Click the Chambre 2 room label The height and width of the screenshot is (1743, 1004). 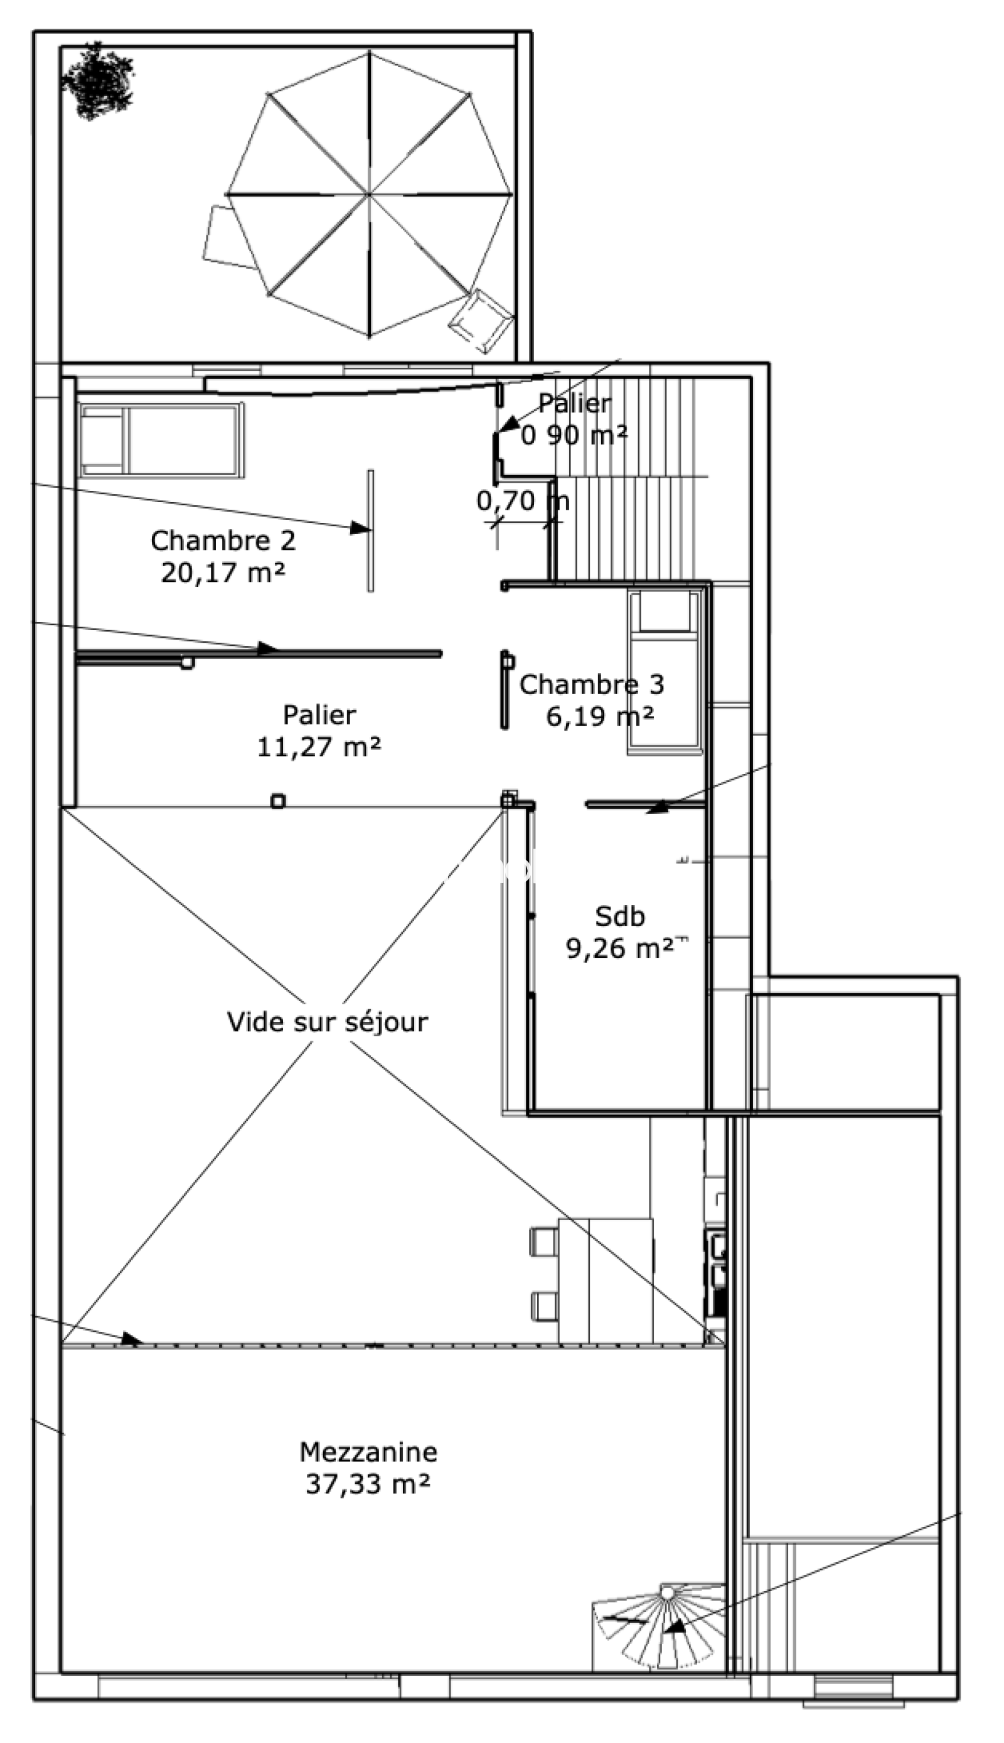coord(223,541)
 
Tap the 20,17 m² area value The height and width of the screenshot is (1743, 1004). coord(223,572)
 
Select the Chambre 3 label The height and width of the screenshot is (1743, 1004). coord(592,684)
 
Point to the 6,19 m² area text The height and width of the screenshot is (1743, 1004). coord(600,716)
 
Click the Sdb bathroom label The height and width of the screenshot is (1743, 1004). coord(620,916)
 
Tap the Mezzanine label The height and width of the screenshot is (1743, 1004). coord(368,1452)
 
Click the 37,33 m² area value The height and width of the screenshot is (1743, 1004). coord(368,1484)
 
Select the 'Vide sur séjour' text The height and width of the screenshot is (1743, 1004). coord(328,1022)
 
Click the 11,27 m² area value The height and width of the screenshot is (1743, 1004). coord(319,746)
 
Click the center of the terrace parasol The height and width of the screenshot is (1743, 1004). coord(370,195)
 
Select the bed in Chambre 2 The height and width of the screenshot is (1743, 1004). coord(161,440)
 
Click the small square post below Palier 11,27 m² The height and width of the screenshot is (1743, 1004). coord(278,801)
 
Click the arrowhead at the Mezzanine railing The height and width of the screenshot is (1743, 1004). coord(132,1338)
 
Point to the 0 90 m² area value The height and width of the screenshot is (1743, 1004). coord(574,435)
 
